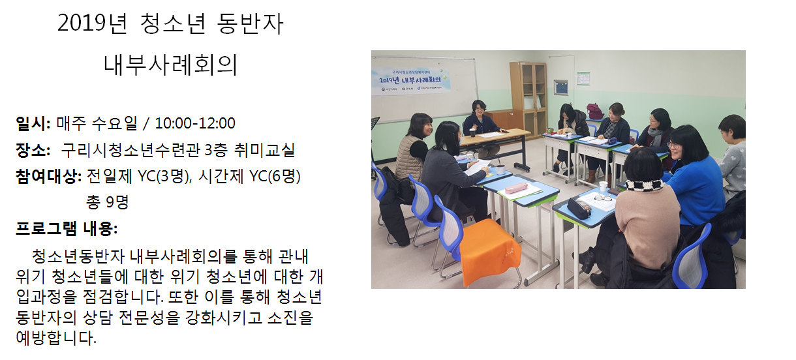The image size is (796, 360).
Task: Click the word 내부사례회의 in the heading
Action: (x=170, y=65)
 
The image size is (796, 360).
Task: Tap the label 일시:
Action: (x=33, y=123)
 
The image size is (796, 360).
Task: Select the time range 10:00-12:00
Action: (x=195, y=123)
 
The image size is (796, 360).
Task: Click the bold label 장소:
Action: (x=33, y=150)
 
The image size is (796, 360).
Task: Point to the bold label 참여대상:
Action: (x=49, y=176)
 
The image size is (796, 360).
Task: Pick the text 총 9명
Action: (x=107, y=202)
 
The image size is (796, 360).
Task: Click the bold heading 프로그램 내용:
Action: (x=67, y=229)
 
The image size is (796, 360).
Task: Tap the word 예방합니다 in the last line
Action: (x=56, y=338)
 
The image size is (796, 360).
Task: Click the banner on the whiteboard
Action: (x=411, y=81)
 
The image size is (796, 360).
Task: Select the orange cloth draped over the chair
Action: (x=490, y=250)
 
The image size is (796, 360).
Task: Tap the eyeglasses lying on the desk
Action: (x=602, y=198)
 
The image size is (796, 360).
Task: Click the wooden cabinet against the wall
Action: (x=528, y=95)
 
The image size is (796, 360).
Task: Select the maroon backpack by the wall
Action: (x=594, y=111)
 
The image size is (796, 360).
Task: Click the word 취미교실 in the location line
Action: (x=264, y=150)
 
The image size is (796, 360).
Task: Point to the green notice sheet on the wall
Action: (x=583, y=78)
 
